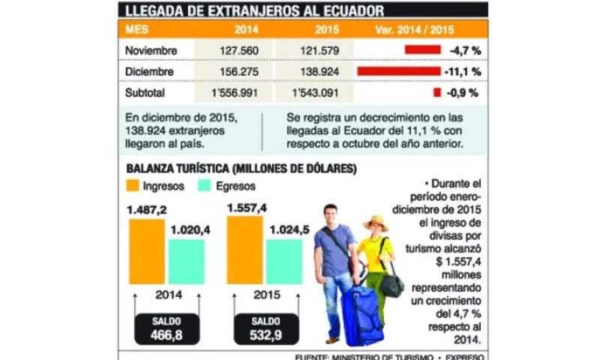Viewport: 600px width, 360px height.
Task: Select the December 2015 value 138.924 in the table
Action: pos(313,72)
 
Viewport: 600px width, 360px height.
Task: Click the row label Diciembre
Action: pos(150,72)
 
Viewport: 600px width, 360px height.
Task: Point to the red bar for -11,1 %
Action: pos(398,71)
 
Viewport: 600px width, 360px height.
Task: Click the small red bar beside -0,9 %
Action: pos(436,93)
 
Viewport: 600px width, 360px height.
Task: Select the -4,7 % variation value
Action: pos(465,50)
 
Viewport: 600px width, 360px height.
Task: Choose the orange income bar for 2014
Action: pos(146,251)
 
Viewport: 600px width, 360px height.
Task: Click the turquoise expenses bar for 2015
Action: pos(284,261)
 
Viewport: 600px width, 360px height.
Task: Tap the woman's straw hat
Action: pos(375,223)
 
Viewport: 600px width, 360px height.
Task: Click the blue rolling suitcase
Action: pos(361,315)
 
